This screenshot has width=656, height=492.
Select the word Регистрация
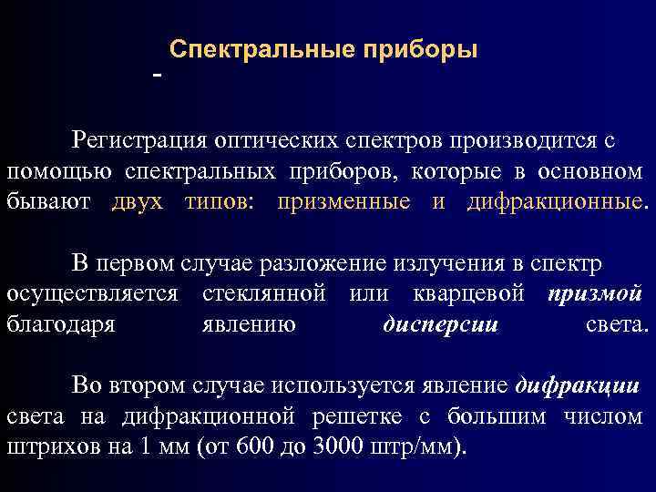point(139,141)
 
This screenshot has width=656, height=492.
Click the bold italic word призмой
point(596,294)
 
